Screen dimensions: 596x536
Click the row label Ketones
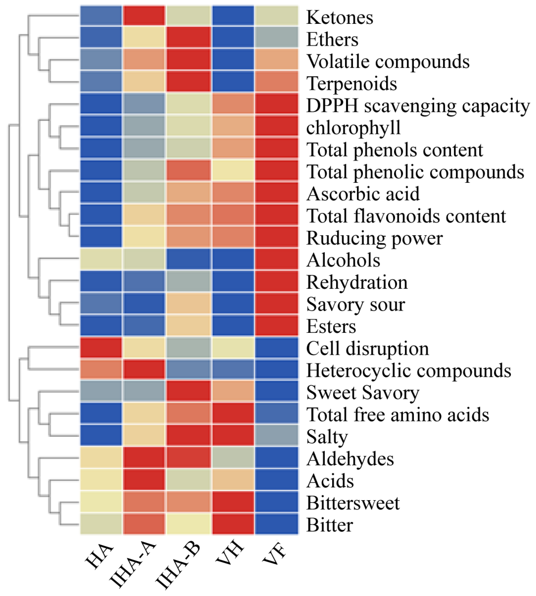point(340,17)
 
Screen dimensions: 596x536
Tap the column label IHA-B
point(178,566)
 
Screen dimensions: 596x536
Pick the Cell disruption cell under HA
point(101,348)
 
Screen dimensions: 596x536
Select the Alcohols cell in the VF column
point(277,259)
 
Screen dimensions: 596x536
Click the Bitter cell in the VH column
point(233,524)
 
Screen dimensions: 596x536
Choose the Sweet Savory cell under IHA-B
point(189,391)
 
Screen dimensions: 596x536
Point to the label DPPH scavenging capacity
point(418,106)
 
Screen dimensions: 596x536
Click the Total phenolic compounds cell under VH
point(233,170)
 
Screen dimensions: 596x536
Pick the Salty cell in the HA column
point(101,435)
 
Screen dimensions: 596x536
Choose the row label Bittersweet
point(353,503)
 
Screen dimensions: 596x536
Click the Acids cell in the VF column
point(277,480)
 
